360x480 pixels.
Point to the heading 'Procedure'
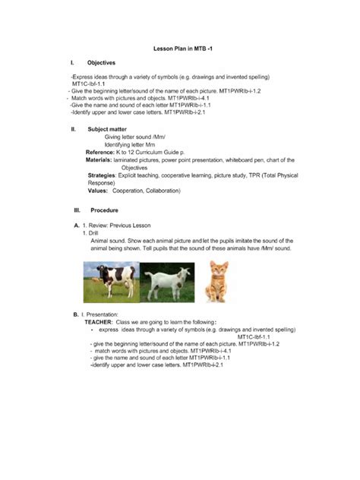(103, 210)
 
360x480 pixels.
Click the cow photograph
(111, 281)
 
